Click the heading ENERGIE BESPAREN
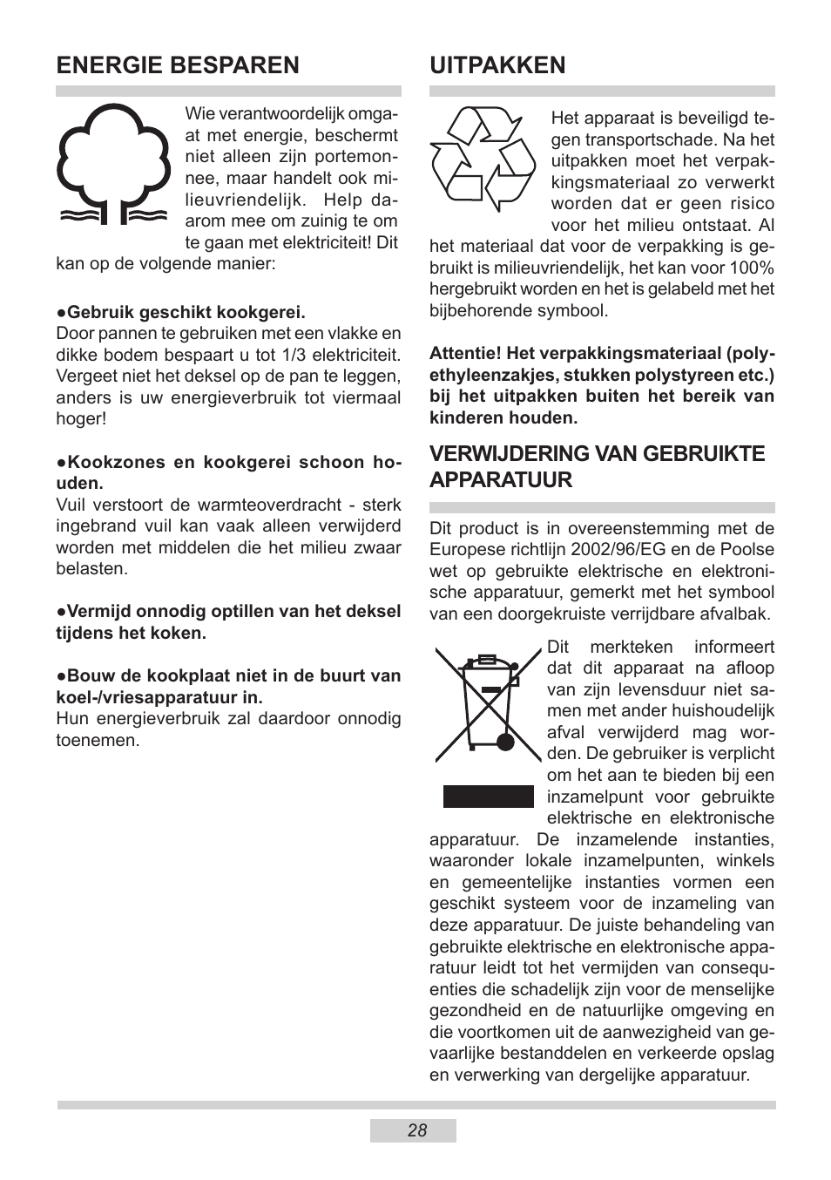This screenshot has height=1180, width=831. (178, 65)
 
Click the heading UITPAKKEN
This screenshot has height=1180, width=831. (497, 65)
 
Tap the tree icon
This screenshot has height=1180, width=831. (112, 166)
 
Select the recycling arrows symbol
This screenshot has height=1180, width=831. (483, 159)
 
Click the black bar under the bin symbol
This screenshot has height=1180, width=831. (488, 797)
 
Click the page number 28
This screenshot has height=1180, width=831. (416, 1130)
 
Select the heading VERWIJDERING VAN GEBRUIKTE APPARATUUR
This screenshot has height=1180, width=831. (597, 466)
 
